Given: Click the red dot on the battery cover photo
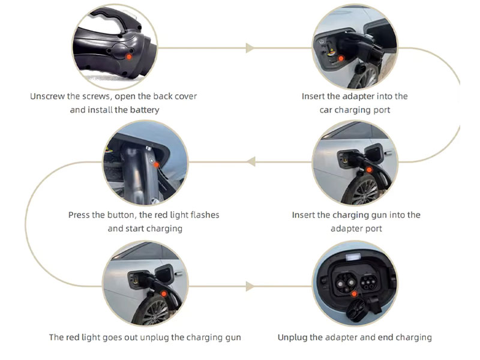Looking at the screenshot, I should [128, 55].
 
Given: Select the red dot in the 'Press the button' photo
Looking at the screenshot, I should [157, 163].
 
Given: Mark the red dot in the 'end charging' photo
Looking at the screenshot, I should [354, 294].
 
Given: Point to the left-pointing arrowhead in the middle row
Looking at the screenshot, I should [251, 161].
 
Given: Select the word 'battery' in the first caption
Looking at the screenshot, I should [145, 110].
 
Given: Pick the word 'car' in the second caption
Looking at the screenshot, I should [326, 110].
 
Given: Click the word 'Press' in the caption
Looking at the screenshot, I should [79, 215].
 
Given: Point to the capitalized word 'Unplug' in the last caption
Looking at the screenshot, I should [292, 337].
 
